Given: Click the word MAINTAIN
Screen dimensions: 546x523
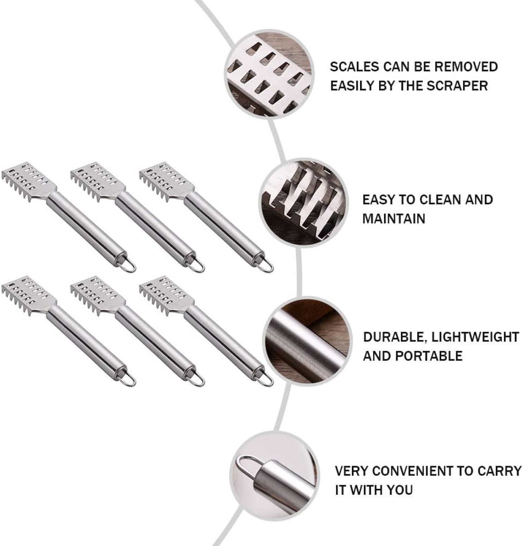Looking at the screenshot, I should [394, 219].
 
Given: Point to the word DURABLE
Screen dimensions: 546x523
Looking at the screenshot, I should [394, 337].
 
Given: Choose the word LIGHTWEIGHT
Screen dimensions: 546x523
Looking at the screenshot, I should [475, 337].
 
